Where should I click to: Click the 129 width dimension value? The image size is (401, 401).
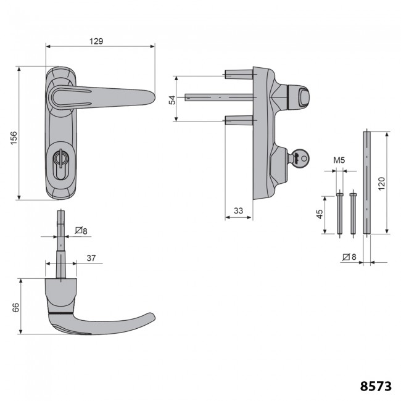(95, 41)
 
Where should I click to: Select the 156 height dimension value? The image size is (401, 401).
(14, 140)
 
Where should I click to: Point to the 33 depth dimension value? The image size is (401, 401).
(239, 211)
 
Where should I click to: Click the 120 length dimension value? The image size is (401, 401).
(381, 183)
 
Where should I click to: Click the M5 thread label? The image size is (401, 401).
(339, 161)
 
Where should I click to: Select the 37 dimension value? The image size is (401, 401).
(90, 258)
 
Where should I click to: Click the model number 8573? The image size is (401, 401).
(376, 386)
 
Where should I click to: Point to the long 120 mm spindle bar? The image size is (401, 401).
(367, 182)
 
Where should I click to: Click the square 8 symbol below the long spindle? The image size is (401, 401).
(348, 257)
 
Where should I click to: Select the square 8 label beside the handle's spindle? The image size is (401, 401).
(81, 231)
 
